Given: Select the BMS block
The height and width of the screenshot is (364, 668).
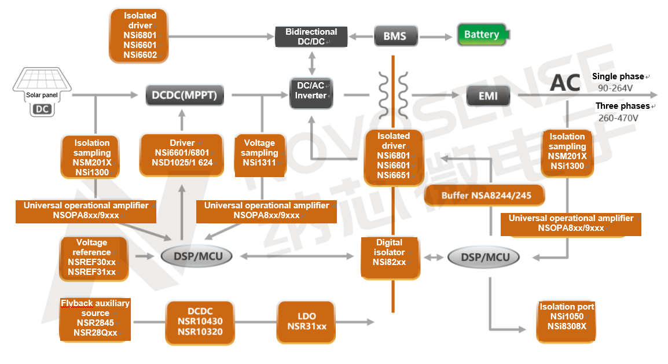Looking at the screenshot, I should pos(395,36).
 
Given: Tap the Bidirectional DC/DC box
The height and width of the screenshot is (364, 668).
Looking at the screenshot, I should pos(311,36).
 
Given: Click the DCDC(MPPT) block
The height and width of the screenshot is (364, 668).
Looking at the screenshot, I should pos(184,95).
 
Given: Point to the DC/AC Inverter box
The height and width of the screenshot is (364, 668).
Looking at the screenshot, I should pos(311,90).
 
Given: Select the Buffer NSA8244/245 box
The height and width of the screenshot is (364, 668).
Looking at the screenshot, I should pos(485,196).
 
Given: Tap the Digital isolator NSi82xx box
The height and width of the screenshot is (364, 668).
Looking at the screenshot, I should pos(389,252).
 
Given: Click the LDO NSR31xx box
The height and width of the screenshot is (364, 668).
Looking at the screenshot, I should pos(307,321).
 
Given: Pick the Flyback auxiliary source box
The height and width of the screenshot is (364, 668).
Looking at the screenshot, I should pos(96,318).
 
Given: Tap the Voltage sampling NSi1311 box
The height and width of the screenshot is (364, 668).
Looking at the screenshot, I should pos(260,153).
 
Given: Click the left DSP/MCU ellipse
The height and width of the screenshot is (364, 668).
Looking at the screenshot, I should pos(196,256).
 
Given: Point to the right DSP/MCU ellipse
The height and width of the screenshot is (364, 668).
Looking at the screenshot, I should pos(484,257).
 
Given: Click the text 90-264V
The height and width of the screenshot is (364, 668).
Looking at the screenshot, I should pos(615,88).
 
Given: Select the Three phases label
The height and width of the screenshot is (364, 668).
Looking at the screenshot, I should pos(622,106).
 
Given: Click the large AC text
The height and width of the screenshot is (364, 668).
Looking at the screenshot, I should pos(565,83).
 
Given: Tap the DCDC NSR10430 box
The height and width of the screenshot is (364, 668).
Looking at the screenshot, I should pos(200,321).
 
